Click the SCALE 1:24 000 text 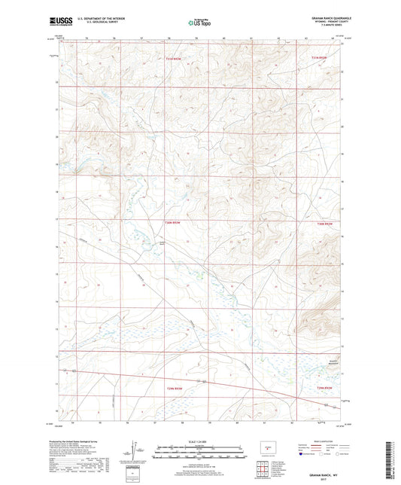[x=199, y=441]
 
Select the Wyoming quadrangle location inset [x=266, y=446]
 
